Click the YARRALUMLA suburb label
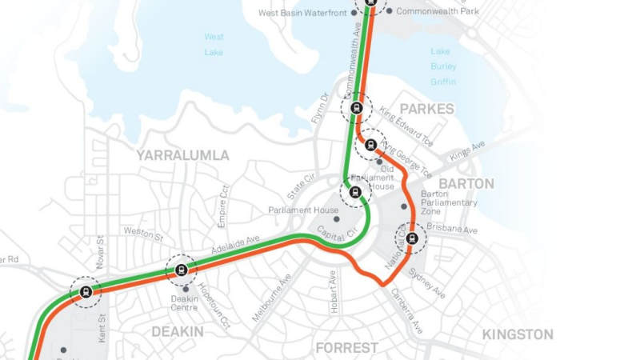pyautogui.click(x=182, y=155)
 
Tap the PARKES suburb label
pyautogui.click(x=426, y=109)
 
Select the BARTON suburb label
pyautogui.click(x=466, y=184)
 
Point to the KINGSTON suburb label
pyautogui.click(x=518, y=334)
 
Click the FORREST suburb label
pyautogui.click(x=346, y=348)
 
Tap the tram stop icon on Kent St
pyautogui.click(x=86, y=292)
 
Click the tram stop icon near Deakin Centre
pyautogui.click(x=181, y=270)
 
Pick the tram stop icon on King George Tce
pyautogui.click(x=370, y=145)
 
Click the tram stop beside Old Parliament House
pyautogui.click(x=355, y=192)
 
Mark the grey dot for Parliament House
pyautogui.click(x=336, y=218)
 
